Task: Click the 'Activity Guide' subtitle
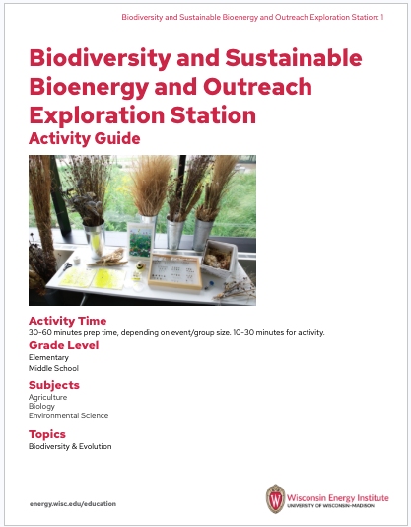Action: click(85, 138)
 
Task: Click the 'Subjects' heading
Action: click(54, 384)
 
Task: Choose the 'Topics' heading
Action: click(47, 434)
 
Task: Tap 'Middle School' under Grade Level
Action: click(53, 368)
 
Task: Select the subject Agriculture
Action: click(47, 396)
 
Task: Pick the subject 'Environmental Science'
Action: click(68, 415)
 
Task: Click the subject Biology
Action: click(42, 406)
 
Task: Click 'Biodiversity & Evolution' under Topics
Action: click(70, 446)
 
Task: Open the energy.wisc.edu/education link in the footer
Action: click(73, 503)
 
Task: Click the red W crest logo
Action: click(276, 497)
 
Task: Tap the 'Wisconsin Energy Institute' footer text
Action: click(338, 493)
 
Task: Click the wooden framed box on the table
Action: click(173, 269)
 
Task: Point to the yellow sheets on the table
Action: click(84, 279)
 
